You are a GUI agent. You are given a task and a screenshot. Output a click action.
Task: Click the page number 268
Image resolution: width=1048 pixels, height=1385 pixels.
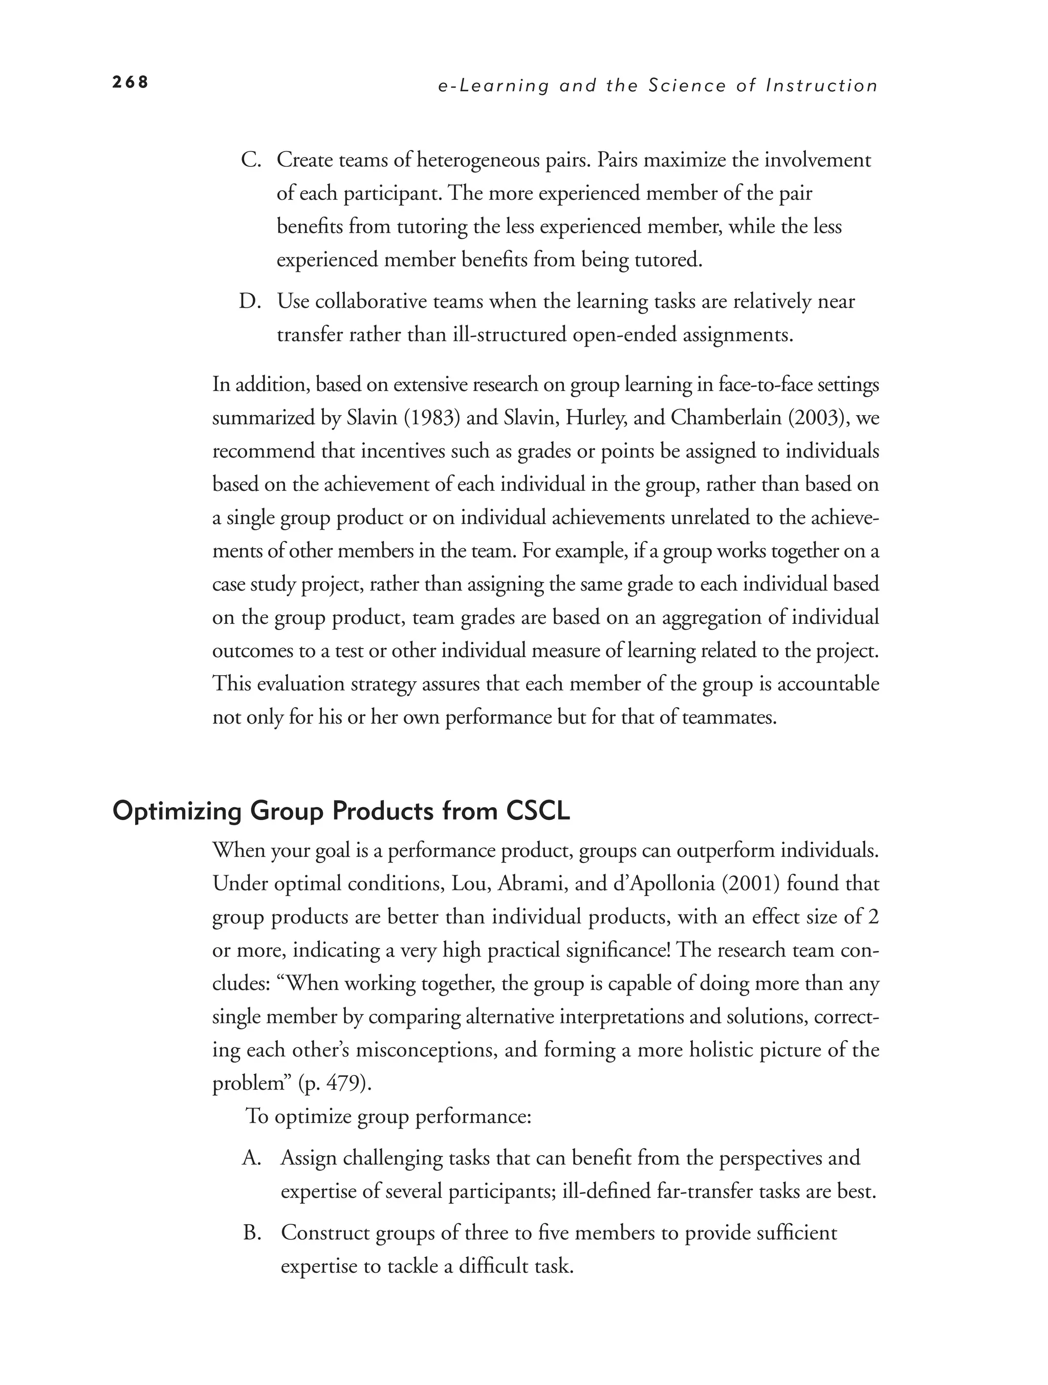pyautogui.click(x=130, y=82)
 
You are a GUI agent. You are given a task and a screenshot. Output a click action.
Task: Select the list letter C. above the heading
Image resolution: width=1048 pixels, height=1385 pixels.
pyautogui.click(x=251, y=160)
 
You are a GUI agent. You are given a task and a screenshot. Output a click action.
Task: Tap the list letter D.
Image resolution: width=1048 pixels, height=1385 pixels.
pyautogui.click(x=250, y=302)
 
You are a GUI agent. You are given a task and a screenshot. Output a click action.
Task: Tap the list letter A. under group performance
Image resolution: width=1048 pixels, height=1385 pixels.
pyautogui.click(x=252, y=1158)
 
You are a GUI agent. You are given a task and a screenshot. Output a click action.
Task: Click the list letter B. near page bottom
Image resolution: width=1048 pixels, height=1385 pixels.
pyautogui.click(x=252, y=1233)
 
